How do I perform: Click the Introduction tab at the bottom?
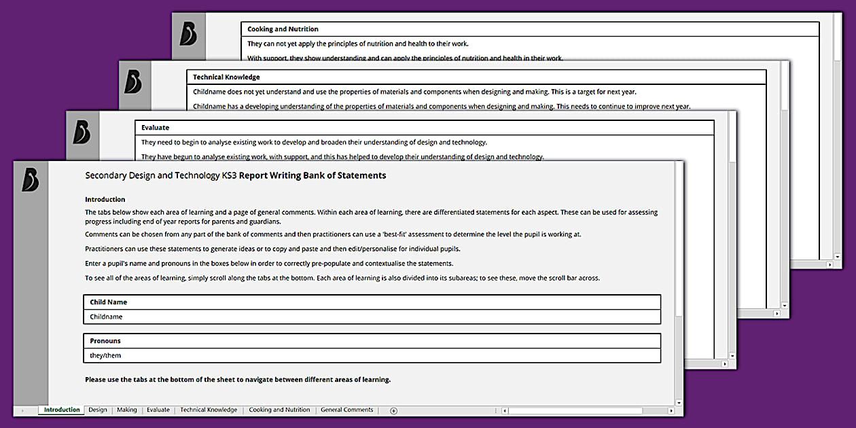[62, 410]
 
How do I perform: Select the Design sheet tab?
[98, 410]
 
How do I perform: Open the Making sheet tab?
[126, 410]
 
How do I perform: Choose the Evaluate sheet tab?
[158, 410]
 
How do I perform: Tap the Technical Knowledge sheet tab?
[209, 410]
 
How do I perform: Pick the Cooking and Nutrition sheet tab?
[279, 410]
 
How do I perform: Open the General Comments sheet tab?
[346, 410]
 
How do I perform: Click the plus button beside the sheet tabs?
[393, 410]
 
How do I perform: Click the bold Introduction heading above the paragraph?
[105, 200]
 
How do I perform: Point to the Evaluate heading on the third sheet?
[156, 128]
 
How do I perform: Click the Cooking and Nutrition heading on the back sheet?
[283, 29]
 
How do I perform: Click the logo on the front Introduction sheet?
[30, 179]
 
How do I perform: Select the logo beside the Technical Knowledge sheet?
[133, 82]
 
